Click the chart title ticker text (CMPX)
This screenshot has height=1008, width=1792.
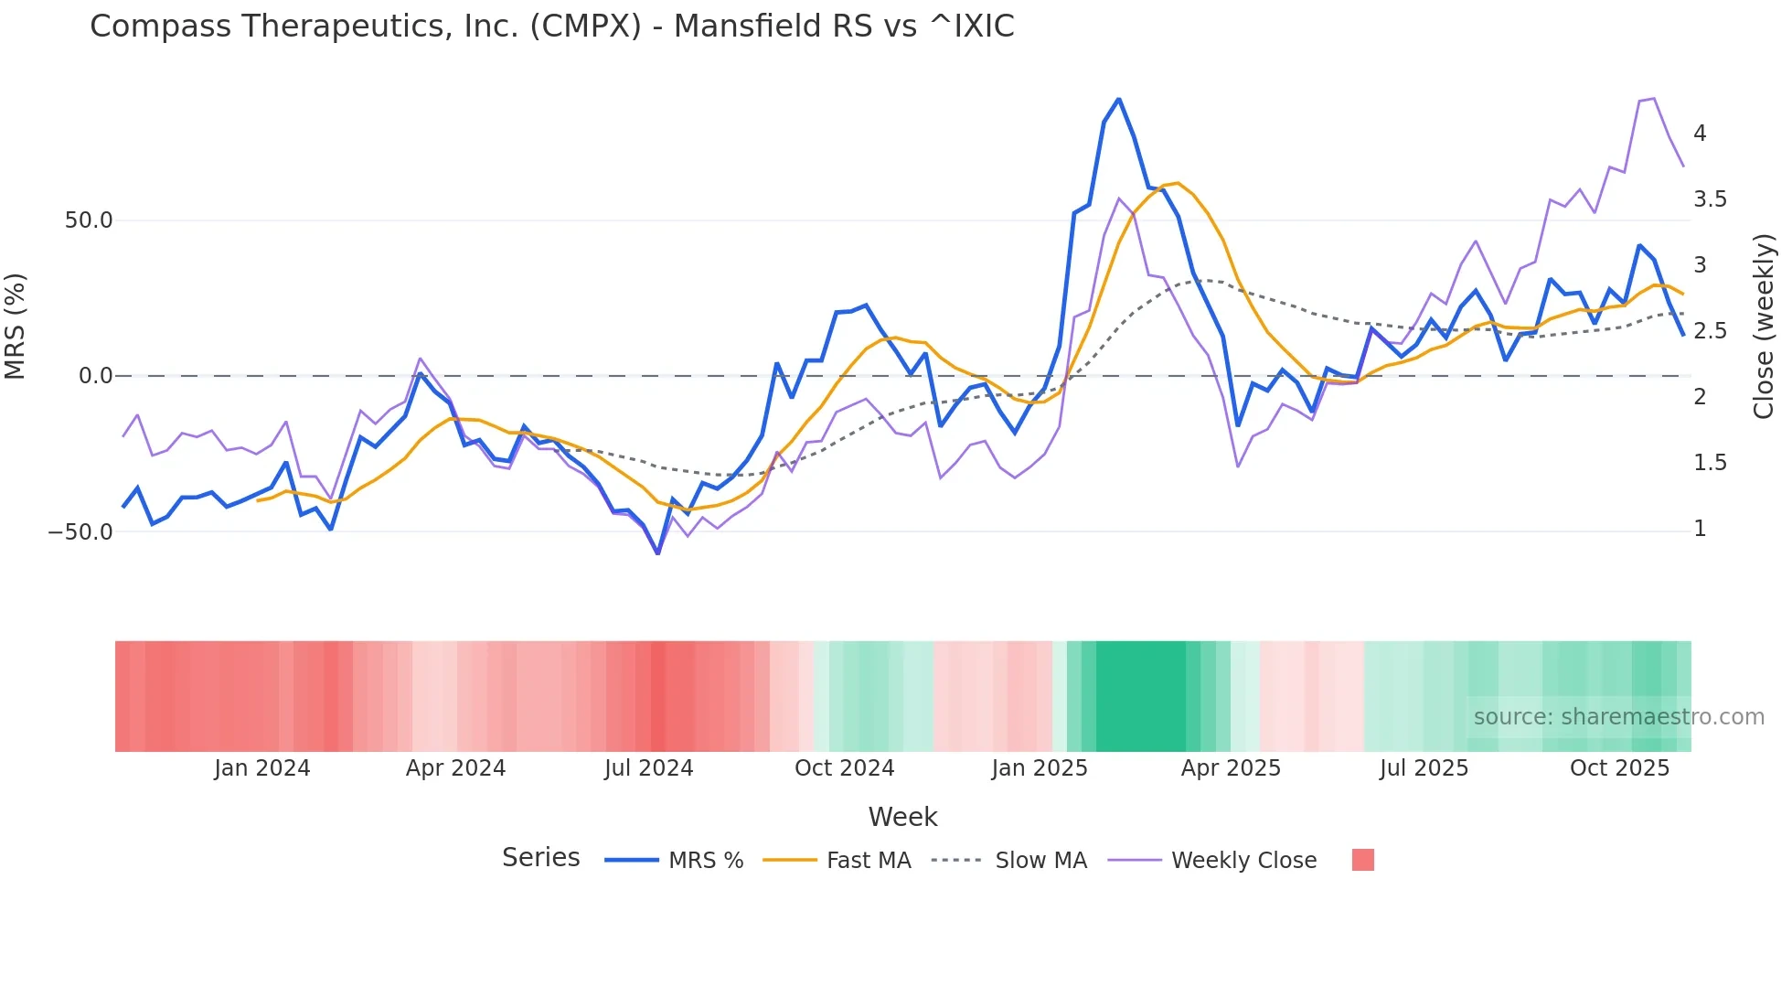585,27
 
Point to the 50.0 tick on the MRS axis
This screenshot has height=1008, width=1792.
89,220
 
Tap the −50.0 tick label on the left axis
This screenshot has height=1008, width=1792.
80,532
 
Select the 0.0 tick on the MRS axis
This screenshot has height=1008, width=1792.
95,376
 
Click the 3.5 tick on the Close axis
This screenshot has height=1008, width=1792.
1710,199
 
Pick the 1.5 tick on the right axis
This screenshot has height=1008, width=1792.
1710,463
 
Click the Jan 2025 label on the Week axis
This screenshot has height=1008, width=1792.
1040,768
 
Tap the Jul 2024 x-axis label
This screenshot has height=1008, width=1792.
649,768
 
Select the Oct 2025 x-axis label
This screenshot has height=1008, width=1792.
1619,768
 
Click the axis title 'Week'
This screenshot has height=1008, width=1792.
902,817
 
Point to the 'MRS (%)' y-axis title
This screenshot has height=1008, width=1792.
16,326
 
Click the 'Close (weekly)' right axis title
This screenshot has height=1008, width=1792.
1764,326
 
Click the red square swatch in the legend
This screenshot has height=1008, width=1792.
1362,860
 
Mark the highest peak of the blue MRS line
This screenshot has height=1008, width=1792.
1118,100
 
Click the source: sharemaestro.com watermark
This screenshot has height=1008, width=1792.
1618,717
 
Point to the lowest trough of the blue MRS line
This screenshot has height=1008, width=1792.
657,553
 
